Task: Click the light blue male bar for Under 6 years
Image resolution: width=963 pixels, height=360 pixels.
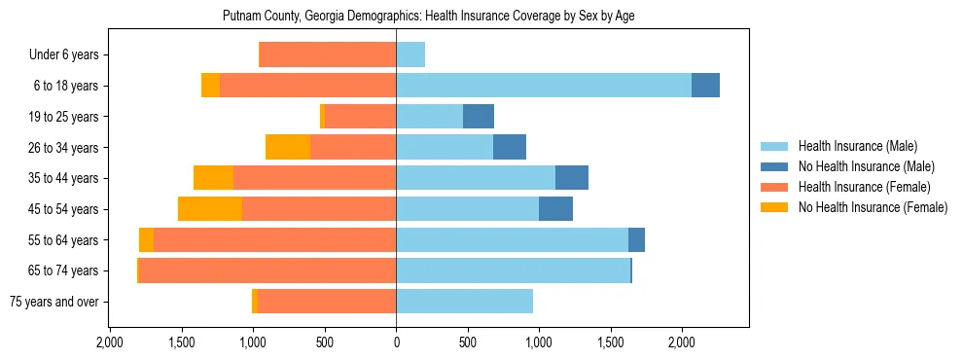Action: click(410, 54)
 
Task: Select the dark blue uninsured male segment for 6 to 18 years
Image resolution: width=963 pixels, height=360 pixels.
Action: click(705, 86)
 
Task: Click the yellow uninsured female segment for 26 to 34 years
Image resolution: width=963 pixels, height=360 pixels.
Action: click(288, 147)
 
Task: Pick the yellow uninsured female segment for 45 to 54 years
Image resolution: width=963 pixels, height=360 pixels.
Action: click(210, 208)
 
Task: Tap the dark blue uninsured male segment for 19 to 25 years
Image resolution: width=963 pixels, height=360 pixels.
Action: click(479, 117)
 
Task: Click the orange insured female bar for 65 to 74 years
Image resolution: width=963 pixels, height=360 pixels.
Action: click(267, 270)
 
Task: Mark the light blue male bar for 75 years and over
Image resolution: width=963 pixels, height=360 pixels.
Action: click(464, 302)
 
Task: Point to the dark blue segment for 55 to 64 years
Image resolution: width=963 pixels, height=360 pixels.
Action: click(636, 239)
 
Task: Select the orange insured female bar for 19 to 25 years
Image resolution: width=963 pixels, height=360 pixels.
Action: click(360, 117)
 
